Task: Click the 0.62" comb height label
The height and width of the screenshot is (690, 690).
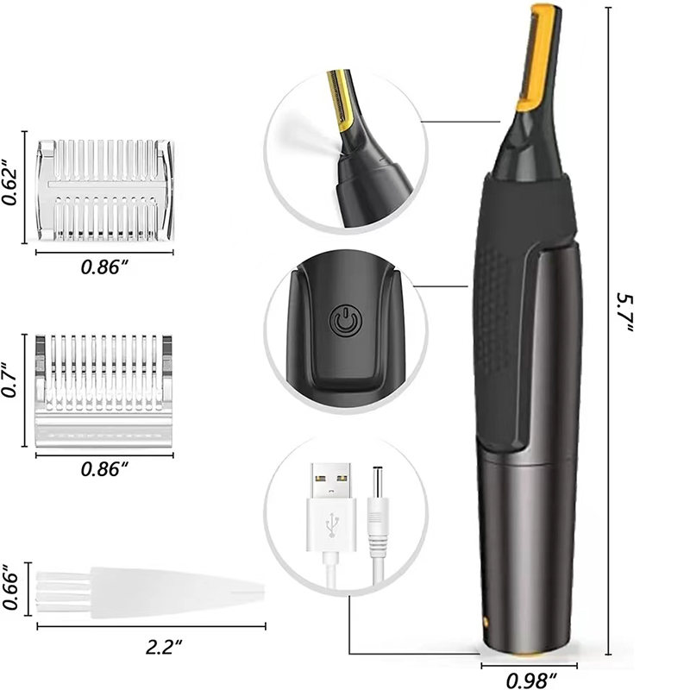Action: click(x=11, y=184)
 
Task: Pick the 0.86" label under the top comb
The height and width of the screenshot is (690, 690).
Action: click(x=104, y=267)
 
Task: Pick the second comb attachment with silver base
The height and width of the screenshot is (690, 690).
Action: click(x=105, y=389)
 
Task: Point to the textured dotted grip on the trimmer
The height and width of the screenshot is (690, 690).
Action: click(x=500, y=310)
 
